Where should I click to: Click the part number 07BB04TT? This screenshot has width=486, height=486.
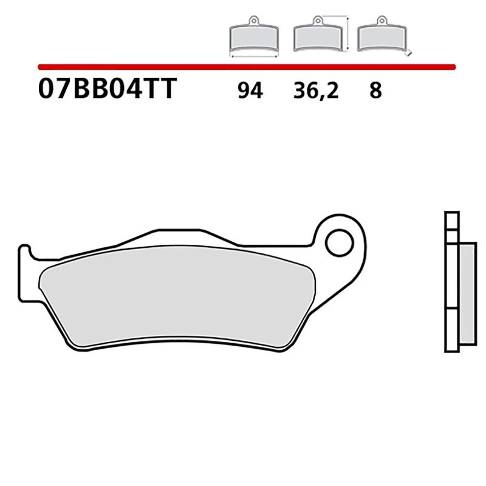pyautogui.click(x=106, y=90)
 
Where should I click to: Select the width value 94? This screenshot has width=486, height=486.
pyautogui.click(x=250, y=91)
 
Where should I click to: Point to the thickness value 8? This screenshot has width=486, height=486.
pyautogui.click(x=375, y=91)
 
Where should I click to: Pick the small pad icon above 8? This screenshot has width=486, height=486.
pyautogui.click(x=380, y=38)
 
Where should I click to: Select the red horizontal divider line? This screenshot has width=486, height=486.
pyautogui.click(x=243, y=66)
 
